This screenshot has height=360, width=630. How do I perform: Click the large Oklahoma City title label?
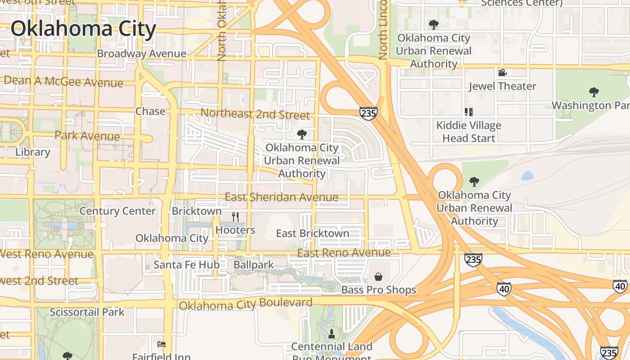[84, 29]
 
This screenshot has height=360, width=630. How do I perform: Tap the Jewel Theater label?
[502, 86]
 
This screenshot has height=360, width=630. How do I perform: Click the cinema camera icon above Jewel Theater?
[502, 72]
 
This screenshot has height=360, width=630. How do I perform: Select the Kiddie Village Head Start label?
[468, 132]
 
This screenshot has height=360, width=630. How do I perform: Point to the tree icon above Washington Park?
[594, 92]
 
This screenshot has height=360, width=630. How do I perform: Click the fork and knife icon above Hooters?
[235, 216]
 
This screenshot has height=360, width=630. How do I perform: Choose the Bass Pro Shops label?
[378, 290]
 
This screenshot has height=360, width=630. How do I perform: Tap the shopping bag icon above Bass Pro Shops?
[378, 276]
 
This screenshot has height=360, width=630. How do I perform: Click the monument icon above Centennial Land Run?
[332, 333]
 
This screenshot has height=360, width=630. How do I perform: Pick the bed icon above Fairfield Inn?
[162, 344]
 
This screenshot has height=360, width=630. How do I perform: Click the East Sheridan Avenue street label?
[281, 197]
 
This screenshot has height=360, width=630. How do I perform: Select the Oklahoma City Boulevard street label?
[246, 304]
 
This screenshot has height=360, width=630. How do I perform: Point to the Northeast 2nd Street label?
[255, 114]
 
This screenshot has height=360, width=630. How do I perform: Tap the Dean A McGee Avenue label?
[63, 82]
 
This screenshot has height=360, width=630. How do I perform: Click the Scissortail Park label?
[87, 312]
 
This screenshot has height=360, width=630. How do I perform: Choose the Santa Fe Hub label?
[186, 265]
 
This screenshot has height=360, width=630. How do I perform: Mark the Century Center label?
[117, 211]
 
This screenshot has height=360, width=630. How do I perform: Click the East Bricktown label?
[312, 233]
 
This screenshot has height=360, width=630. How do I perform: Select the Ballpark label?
[253, 265]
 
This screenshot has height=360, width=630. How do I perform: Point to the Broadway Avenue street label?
[141, 54]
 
